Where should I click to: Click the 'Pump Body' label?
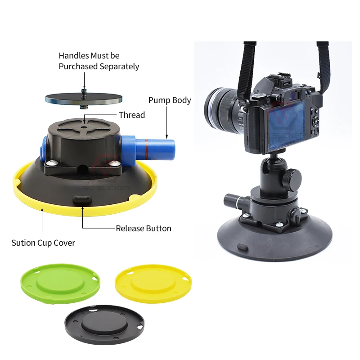(170, 100)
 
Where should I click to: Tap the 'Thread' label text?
(132, 115)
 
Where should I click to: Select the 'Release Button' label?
(144, 229)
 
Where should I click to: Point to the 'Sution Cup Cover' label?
(43, 243)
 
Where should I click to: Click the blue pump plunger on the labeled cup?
(158, 148)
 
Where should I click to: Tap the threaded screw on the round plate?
(84, 94)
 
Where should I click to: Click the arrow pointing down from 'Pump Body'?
(166, 122)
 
